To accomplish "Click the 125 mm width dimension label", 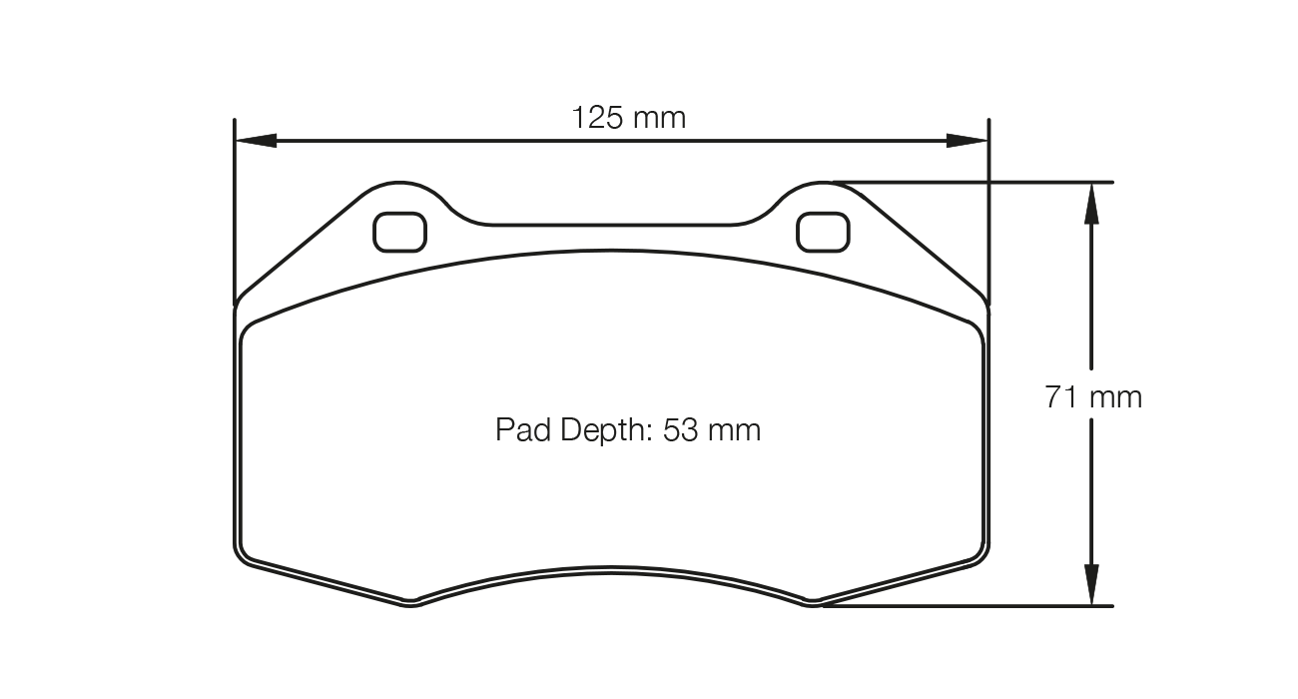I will pos(628,118).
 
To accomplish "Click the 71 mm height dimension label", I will pos(1092,397).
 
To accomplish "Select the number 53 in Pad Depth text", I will pos(680,430).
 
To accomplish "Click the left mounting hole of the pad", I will pos(399,232).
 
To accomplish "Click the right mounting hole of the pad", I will pos(823,232).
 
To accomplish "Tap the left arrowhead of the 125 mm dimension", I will pos(256,141).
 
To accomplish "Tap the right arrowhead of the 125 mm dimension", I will pos(967,141).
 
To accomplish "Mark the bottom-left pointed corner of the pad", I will pos(410,602).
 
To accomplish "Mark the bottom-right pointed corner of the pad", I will pos(813,602).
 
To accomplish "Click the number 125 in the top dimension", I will pos(596,118).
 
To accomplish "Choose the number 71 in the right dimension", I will pos(1061,397).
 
